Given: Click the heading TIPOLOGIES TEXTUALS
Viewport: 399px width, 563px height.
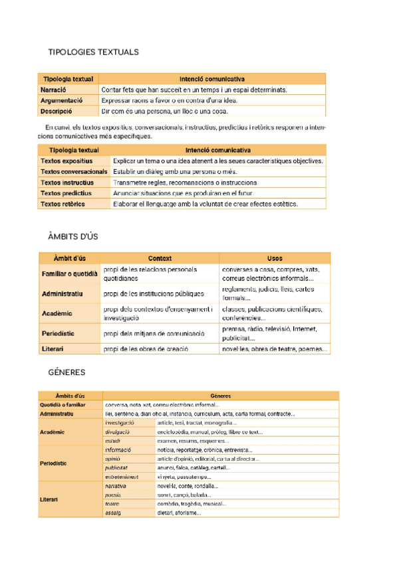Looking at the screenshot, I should click(93, 52).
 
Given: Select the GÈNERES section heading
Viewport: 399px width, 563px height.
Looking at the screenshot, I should click(66, 372).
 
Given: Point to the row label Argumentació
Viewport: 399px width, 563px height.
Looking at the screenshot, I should click(61, 100).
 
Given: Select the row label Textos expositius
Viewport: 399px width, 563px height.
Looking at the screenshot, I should click(66, 161).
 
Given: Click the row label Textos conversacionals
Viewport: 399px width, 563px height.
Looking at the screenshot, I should click(74, 171).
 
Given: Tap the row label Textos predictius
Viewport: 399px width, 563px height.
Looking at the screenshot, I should click(66, 193).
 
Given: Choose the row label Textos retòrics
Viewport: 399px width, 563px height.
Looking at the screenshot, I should click(63, 204).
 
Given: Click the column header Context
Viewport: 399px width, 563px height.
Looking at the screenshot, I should click(160, 258).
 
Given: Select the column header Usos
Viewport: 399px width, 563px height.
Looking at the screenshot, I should click(274, 258).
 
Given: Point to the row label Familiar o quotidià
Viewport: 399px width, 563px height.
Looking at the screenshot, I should click(69, 274).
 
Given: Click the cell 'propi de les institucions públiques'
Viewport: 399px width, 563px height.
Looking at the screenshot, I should click(154, 293).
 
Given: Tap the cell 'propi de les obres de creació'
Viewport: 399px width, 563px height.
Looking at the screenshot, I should click(146, 349).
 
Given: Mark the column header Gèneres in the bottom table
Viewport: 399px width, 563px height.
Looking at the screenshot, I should click(220, 395).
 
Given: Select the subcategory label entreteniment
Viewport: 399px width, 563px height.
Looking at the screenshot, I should click(121, 477).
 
